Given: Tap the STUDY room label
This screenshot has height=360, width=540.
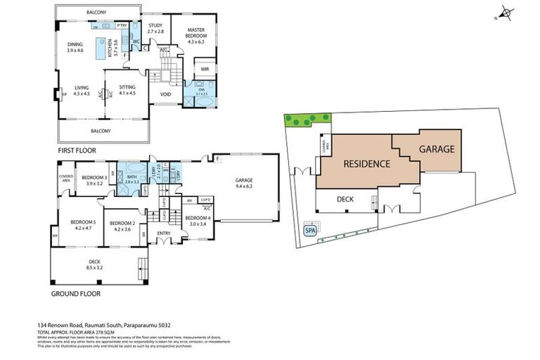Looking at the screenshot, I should coord(155,25).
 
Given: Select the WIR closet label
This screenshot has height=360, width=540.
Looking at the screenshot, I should coord(205,69).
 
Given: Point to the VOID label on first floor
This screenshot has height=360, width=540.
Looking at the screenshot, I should coord(165,94).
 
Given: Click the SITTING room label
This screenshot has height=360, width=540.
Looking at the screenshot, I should coord(127,86).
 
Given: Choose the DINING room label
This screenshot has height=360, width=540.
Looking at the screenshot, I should coord(75,44).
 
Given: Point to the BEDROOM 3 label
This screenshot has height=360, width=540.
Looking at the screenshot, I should coord(94,177).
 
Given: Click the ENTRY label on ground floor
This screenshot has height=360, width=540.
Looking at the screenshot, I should coord(164,233).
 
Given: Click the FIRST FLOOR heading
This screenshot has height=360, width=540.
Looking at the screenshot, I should coord(77,150).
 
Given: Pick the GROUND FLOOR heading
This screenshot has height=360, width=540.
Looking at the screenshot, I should coord(76,293).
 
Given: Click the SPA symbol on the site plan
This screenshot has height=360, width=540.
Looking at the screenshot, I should coord(309,230).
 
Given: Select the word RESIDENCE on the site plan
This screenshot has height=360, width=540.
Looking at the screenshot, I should coord(366,164).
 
